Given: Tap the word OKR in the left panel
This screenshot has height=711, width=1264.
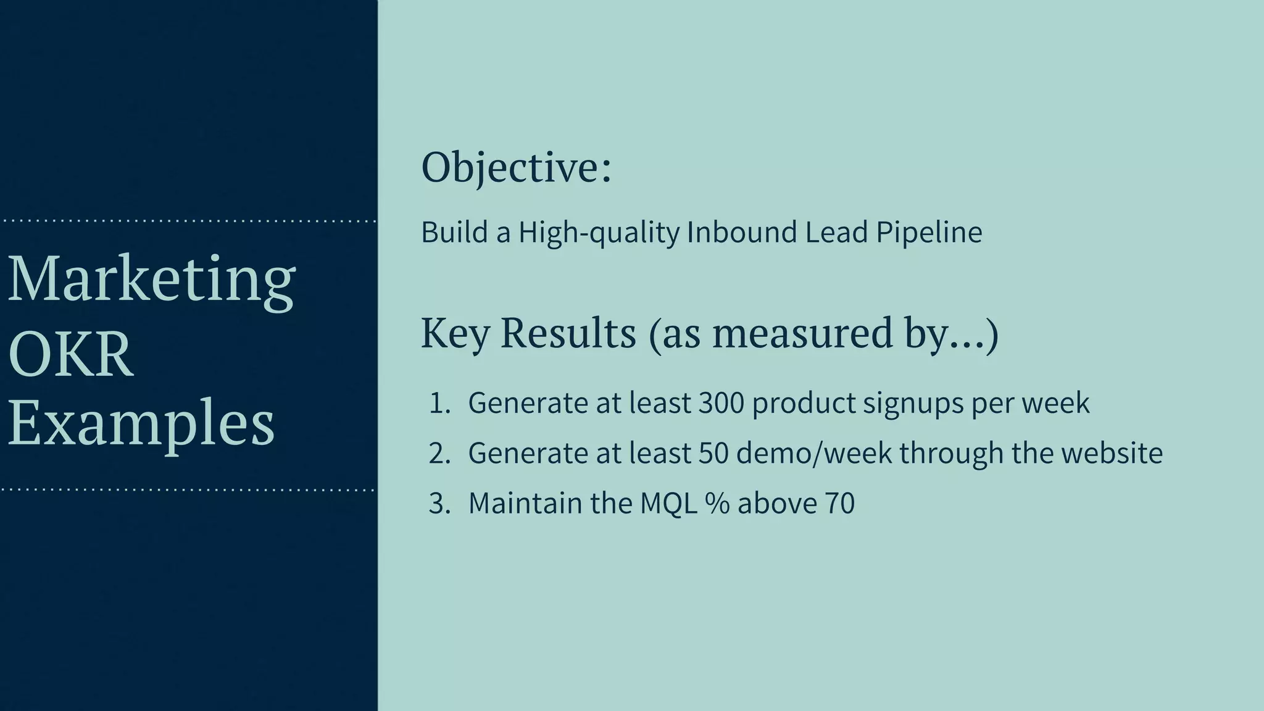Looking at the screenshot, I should (x=71, y=355).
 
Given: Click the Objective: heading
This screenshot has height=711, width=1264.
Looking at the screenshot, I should (x=516, y=168).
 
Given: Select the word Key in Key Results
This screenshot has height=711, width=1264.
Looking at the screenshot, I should (x=455, y=334).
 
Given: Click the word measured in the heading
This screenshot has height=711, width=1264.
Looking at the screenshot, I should (x=802, y=334).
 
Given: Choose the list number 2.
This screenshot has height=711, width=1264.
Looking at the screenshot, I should (x=439, y=454).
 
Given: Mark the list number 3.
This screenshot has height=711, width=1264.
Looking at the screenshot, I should (x=439, y=504).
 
